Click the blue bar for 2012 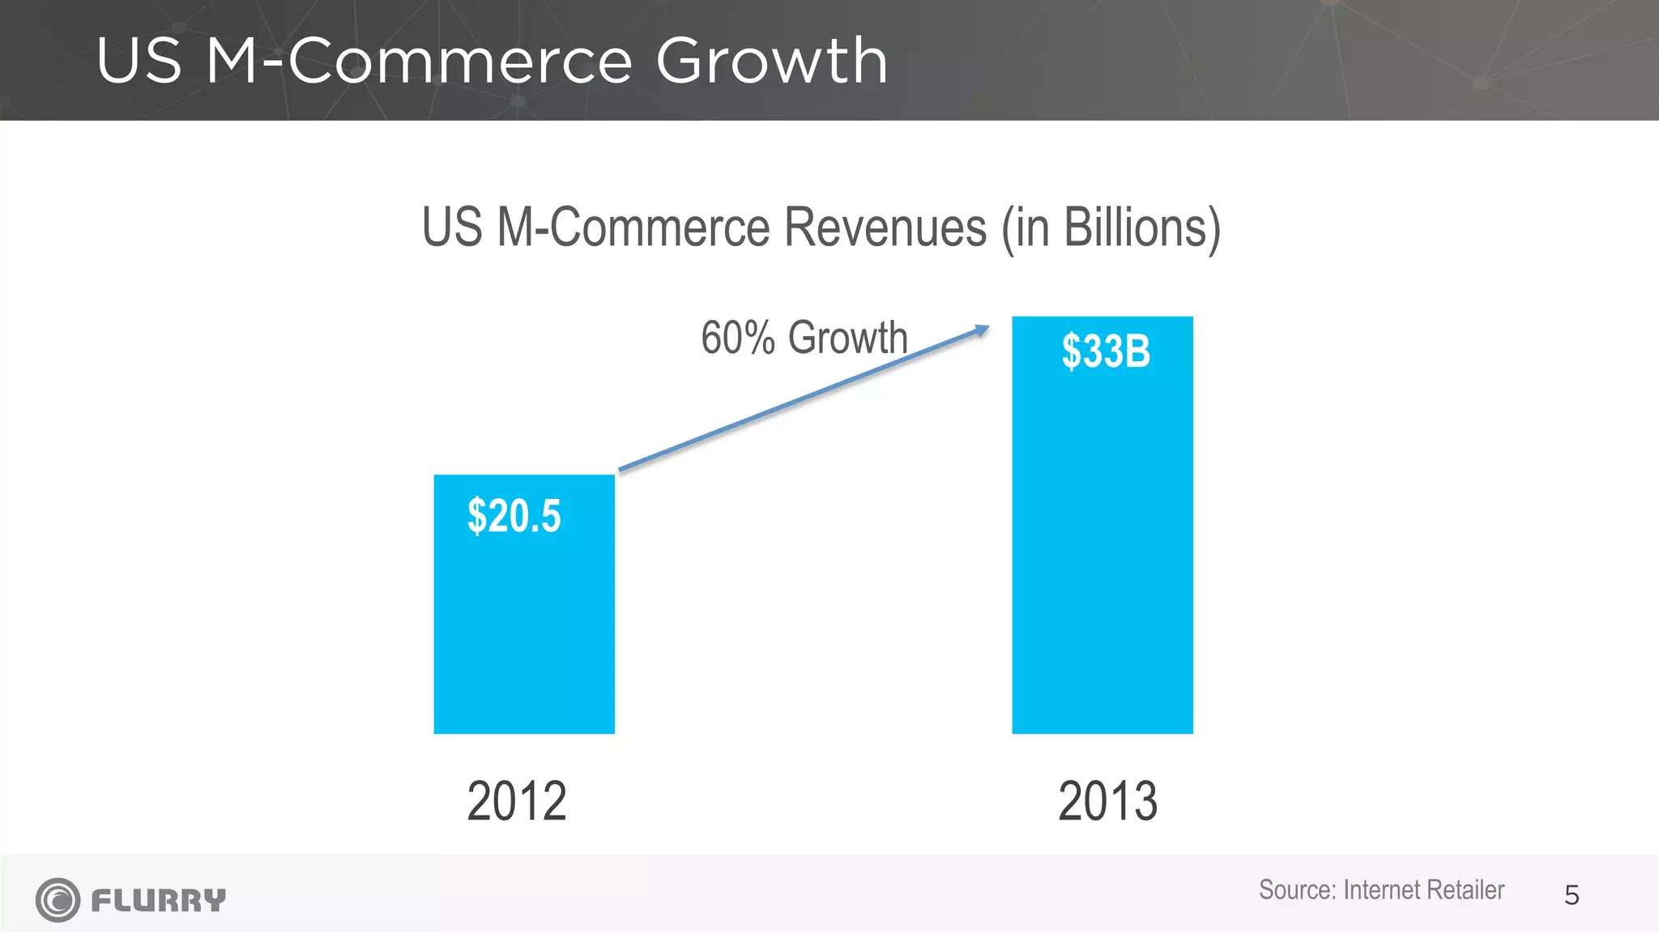coord(524,632)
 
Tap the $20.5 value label coord(514,517)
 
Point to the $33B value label coord(1106,352)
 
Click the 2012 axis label coord(517,802)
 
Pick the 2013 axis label coord(1107,802)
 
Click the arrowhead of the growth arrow coord(982,330)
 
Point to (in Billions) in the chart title coord(1111,229)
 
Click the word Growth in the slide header coord(771,62)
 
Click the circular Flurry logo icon coord(58,900)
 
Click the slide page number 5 coord(1572,896)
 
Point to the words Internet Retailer coord(1423,890)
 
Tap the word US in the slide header coord(139,62)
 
